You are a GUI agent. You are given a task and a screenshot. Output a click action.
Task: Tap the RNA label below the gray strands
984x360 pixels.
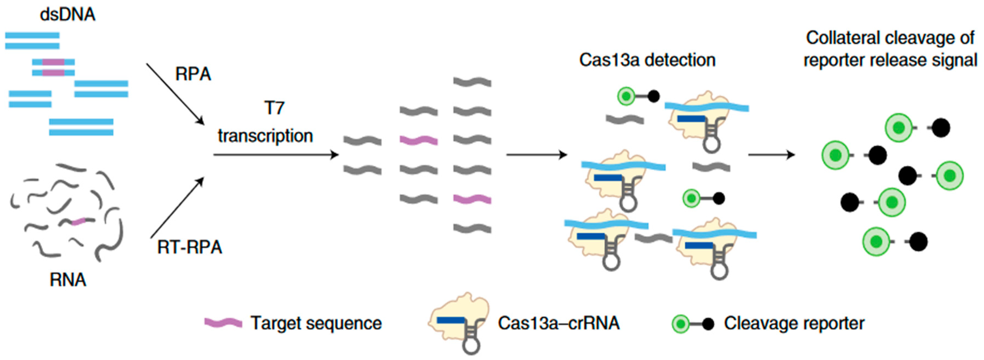coord(68,280)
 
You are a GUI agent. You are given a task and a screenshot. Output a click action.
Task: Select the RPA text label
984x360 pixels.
coord(193,74)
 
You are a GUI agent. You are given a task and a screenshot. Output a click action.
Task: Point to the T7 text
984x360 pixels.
coord(274,108)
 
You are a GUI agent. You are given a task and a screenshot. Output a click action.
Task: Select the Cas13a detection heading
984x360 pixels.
coord(647,60)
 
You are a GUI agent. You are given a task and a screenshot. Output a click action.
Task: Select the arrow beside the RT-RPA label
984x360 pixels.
coord(177,208)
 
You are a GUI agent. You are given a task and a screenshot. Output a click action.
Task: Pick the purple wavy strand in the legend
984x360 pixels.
coord(223,323)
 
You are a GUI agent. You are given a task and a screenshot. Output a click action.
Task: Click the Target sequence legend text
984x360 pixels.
coord(316,323)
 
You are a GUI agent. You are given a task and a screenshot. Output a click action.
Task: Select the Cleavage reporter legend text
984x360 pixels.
coord(794,323)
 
